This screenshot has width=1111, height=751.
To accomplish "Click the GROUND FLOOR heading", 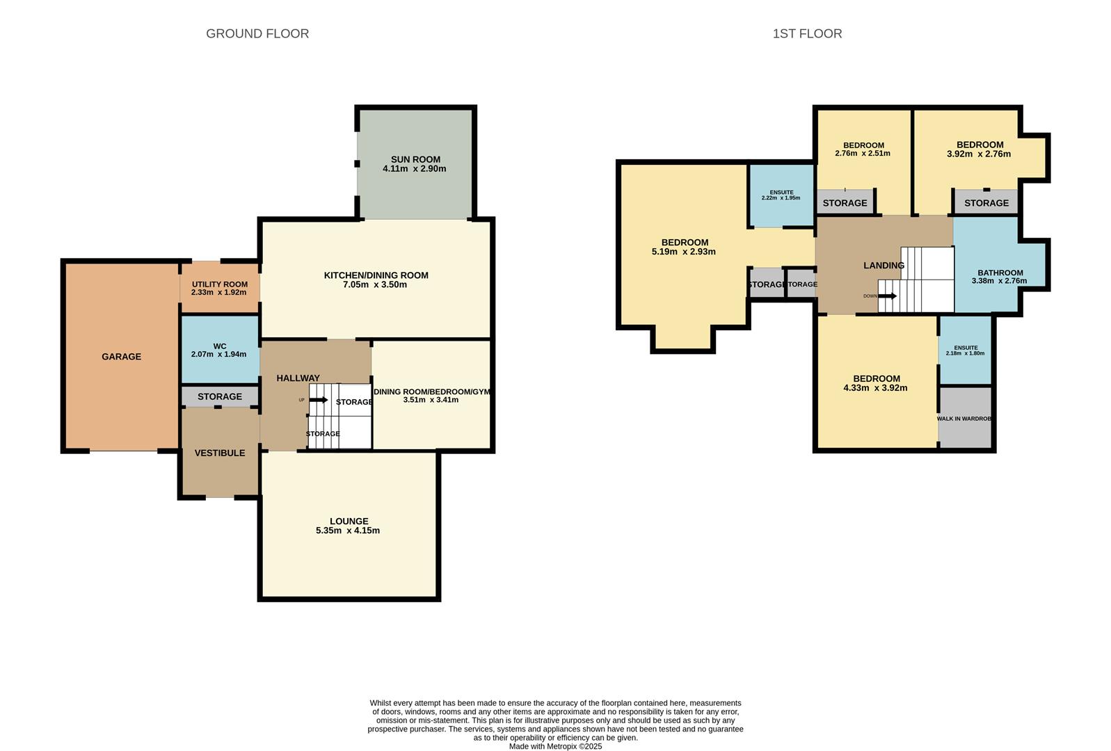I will pyautogui.click(x=257, y=33).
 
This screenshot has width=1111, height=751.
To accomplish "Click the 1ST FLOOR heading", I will pyautogui.click(x=807, y=33).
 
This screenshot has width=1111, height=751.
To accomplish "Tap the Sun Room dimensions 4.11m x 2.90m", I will pyautogui.click(x=415, y=169).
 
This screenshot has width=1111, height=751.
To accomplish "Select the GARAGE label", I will pyautogui.click(x=121, y=357).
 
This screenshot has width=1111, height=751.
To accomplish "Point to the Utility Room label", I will pyautogui.click(x=220, y=284).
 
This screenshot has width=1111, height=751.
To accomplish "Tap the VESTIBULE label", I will pyautogui.click(x=220, y=453).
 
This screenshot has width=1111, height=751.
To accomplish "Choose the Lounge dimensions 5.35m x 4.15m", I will pyautogui.click(x=348, y=531).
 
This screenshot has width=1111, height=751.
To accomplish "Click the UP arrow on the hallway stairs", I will pyautogui.click(x=319, y=400).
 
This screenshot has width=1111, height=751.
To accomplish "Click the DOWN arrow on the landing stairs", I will pyautogui.click(x=888, y=296).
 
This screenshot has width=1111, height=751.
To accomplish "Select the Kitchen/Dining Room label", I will pyautogui.click(x=376, y=275).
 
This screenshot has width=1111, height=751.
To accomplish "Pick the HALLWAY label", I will pyautogui.click(x=298, y=378).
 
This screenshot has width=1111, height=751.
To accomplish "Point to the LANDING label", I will pyautogui.click(x=884, y=265).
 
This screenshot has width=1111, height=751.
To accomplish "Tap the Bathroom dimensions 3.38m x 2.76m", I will pyautogui.click(x=1000, y=282).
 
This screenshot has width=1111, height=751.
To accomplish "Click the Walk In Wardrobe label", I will pyautogui.click(x=964, y=419).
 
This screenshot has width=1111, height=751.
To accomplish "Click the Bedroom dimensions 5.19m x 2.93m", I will pyautogui.click(x=684, y=252).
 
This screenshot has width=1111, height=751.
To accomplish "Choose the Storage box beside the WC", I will pyautogui.click(x=220, y=396).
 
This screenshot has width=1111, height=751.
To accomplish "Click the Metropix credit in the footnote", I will pyautogui.click(x=555, y=747).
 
